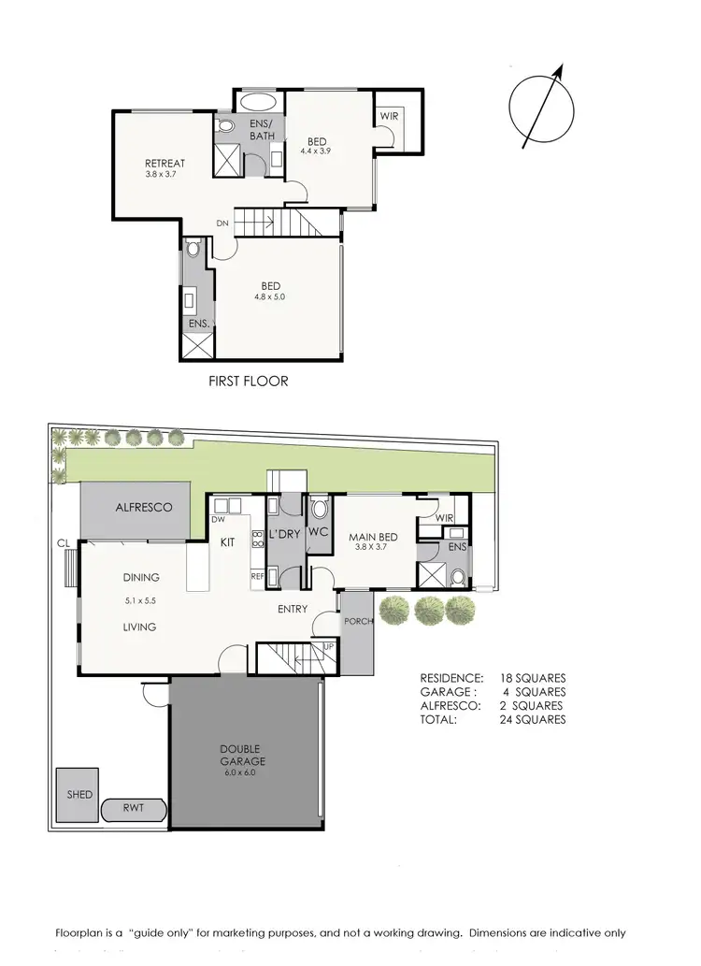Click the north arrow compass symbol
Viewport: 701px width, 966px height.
(541, 107)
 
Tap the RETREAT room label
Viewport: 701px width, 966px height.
(165, 164)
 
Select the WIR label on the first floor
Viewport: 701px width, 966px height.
(389, 116)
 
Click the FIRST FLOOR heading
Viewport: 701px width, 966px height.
(248, 382)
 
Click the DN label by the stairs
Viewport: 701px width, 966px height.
(222, 223)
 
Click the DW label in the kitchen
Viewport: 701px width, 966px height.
(219, 519)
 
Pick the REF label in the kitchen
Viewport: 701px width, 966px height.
(257, 577)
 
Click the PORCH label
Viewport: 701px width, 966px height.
(358, 622)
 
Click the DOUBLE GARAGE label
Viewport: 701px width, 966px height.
(245, 755)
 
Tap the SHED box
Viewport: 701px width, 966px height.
(79, 795)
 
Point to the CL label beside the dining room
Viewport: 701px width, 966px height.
(63, 542)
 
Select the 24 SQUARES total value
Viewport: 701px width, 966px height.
(533, 720)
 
